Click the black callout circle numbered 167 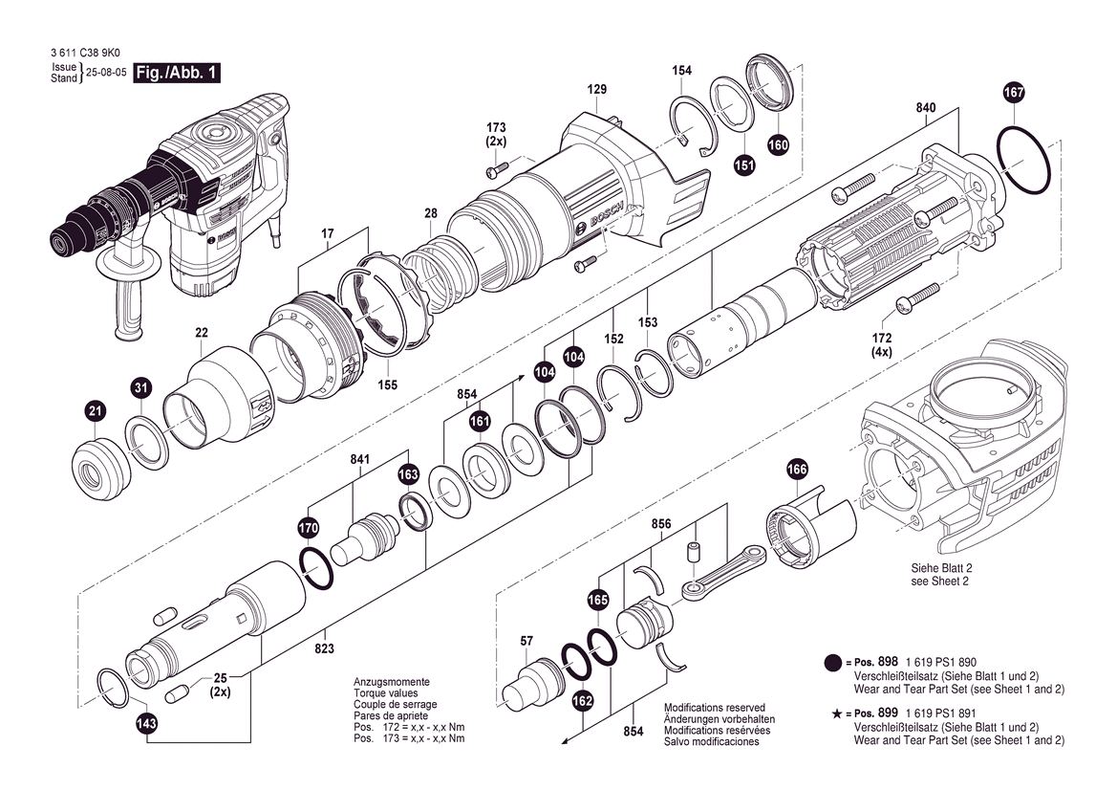point(1014,93)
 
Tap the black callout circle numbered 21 point(94,412)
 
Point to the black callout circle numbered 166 point(797,470)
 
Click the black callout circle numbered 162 point(583,701)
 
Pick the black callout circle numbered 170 point(308,527)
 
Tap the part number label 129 point(597,90)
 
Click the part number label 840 point(926,108)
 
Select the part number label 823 point(325,648)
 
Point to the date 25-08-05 point(107,73)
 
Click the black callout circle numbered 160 point(778,145)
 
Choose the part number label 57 point(526,640)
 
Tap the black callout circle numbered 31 point(140,387)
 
